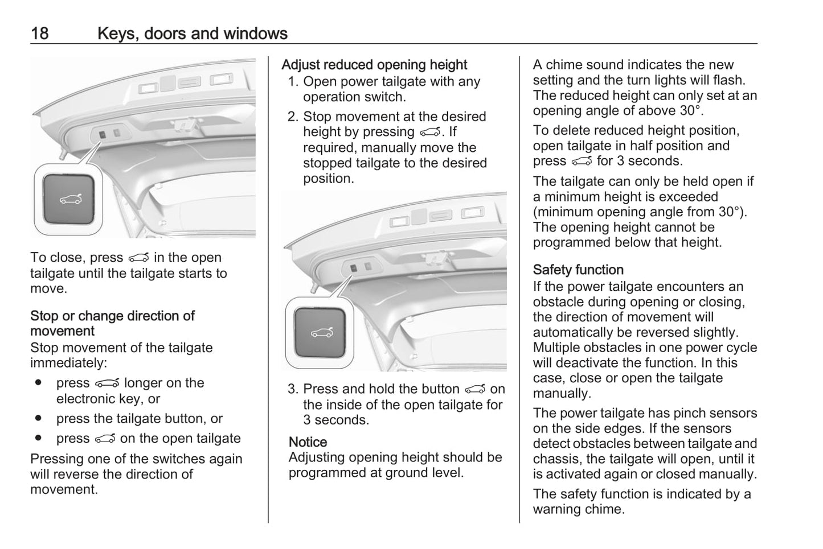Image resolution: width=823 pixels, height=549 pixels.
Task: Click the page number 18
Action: [39, 34]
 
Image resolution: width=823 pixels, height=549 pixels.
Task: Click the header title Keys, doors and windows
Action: [192, 34]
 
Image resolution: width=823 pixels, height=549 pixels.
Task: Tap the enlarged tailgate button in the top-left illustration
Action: [69, 199]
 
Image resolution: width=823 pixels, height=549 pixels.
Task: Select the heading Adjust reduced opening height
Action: [374, 65]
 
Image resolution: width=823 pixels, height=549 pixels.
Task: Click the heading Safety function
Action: [578, 270]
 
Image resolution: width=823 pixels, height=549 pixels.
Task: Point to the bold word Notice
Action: [308, 442]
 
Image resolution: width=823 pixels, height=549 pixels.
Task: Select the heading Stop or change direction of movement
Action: [112, 323]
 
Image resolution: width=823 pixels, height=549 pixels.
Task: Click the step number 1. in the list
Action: [293, 82]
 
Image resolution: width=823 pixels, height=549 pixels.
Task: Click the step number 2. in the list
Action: [293, 117]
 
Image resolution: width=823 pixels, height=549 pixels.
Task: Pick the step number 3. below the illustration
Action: [293, 389]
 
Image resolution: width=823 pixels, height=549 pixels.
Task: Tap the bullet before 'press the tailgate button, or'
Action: [38, 419]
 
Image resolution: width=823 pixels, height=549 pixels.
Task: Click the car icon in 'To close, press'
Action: [138, 258]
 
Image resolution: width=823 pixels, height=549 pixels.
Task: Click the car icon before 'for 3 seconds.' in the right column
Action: [582, 162]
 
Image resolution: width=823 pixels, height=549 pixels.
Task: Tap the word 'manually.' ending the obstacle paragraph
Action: [562, 394]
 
